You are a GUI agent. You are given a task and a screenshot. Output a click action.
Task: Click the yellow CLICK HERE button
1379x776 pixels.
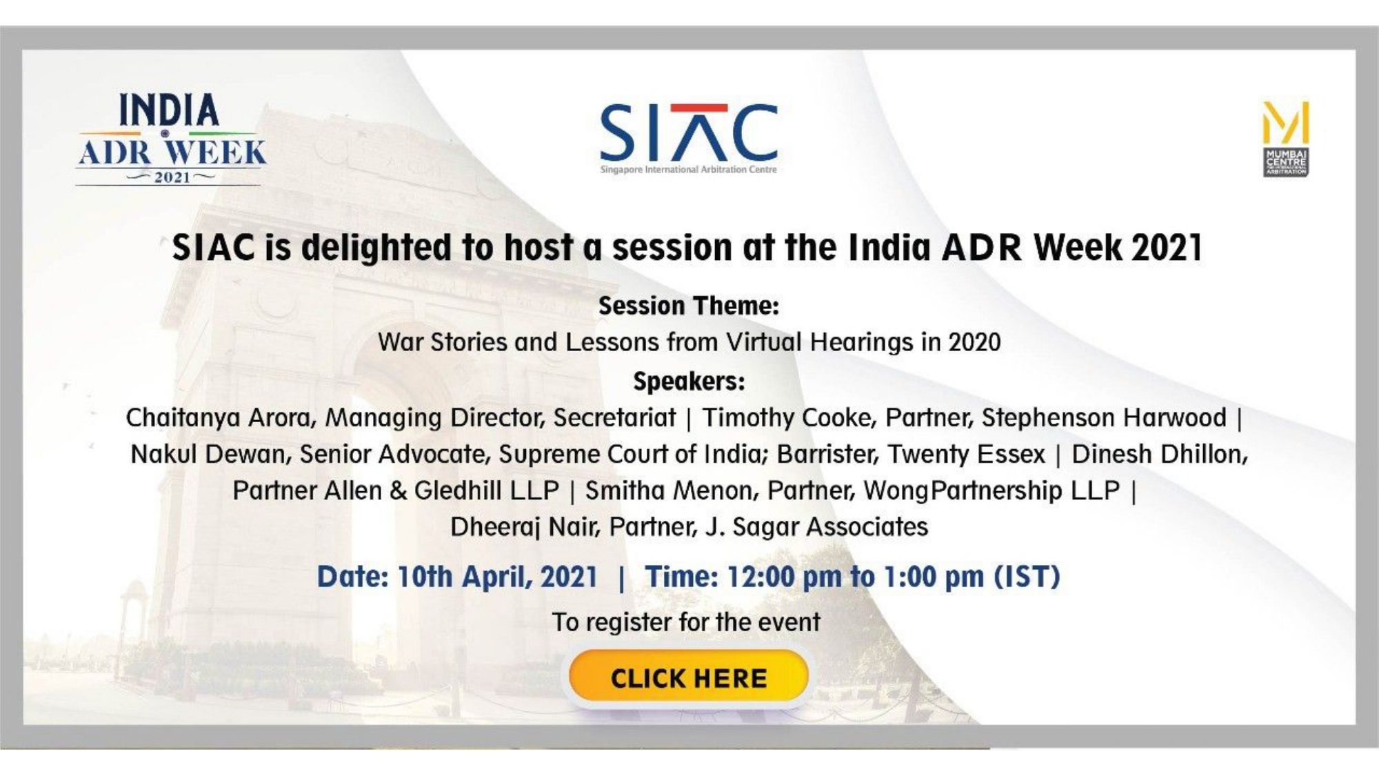point(688,677)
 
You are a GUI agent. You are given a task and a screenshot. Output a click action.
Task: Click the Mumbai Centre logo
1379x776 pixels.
point(1286,139)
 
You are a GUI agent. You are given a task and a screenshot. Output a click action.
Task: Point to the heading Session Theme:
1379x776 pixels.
point(688,306)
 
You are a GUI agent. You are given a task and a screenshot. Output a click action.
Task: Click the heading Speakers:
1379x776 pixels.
point(689,381)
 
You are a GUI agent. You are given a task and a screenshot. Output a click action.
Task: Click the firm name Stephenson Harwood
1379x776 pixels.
point(1104,417)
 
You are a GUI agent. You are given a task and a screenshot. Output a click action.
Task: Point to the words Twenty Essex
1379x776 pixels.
point(966,454)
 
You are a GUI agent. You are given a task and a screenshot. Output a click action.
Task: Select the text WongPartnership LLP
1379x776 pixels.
point(992,490)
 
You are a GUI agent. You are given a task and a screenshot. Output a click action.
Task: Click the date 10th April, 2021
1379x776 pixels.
point(497,577)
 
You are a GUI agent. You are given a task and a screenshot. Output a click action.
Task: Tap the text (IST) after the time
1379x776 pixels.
point(1026,577)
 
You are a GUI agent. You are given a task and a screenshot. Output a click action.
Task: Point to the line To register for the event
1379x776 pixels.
point(686,622)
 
